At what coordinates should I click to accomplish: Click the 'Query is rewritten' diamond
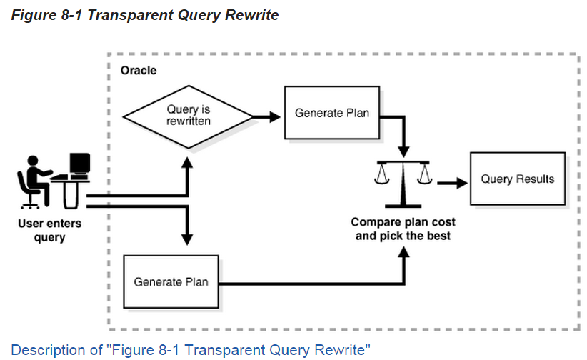[x=188, y=115]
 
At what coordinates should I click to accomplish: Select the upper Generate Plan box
[x=332, y=113]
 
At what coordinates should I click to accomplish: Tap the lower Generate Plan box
[x=171, y=281]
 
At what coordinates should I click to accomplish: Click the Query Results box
[x=517, y=179]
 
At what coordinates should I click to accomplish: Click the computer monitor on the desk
[x=79, y=165]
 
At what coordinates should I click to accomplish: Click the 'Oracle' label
[x=138, y=71]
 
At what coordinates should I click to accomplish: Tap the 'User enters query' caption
[x=49, y=230]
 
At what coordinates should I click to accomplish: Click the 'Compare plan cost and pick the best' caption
[x=403, y=229]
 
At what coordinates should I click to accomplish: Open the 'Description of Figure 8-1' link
[x=191, y=350]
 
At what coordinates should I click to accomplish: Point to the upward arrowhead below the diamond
[x=187, y=164]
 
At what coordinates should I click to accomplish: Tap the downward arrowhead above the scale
[x=404, y=151]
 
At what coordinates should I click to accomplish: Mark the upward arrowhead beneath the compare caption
[x=404, y=256]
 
